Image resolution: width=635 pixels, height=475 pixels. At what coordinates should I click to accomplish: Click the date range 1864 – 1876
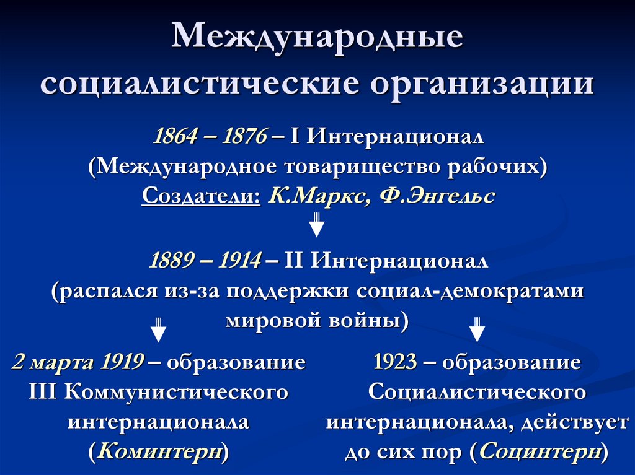pyautogui.click(x=211, y=136)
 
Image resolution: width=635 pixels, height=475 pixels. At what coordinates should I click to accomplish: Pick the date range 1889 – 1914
pyautogui.click(x=205, y=261)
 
